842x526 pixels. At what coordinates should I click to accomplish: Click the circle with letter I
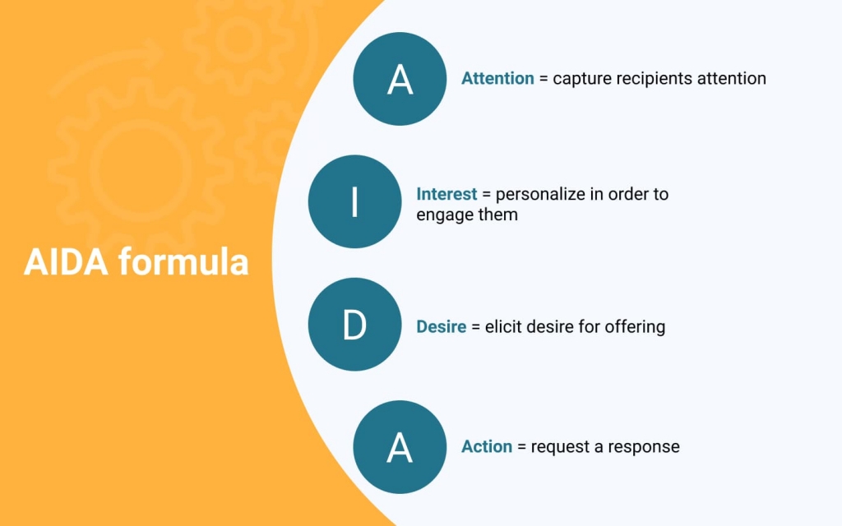click(x=354, y=202)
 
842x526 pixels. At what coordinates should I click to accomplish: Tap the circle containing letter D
click(x=354, y=324)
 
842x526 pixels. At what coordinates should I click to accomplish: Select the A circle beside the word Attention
click(x=400, y=79)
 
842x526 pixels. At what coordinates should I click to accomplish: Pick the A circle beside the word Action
click(x=400, y=447)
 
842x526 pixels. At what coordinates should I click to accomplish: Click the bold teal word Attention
click(x=497, y=78)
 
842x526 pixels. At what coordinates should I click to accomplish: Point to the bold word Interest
click(x=446, y=194)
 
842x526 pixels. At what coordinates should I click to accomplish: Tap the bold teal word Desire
click(x=442, y=326)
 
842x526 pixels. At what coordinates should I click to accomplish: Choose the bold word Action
click(x=487, y=446)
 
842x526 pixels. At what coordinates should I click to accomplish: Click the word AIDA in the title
click(x=66, y=262)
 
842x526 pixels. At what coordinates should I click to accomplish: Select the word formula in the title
click(x=183, y=262)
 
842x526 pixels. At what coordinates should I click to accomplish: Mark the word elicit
click(x=502, y=326)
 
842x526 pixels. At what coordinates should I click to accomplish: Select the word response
click(x=644, y=448)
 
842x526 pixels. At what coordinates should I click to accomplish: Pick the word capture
click(x=582, y=80)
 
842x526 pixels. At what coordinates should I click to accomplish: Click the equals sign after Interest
click(x=486, y=194)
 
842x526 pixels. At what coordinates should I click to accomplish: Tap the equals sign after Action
click(x=521, y=447)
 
